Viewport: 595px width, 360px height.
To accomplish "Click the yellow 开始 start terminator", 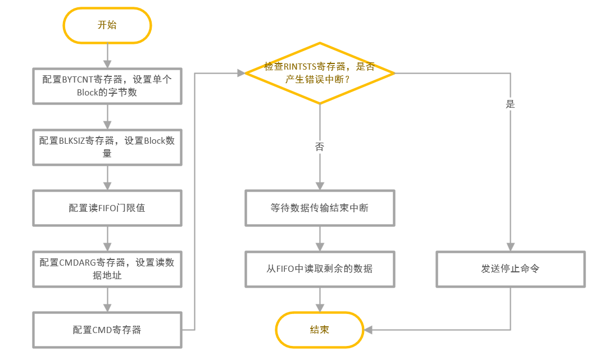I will pos(107,25).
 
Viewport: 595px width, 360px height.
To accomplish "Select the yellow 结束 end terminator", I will pos(319,330).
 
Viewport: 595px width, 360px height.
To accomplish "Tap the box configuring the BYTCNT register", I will pos(107,86).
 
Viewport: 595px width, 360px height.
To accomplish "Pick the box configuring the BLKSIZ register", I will pos(107,147).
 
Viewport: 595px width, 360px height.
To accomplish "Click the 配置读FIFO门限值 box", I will pos(107,208).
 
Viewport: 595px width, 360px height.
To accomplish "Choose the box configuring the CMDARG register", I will pos(107,269).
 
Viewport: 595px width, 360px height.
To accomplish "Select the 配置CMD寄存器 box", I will pos(107,330).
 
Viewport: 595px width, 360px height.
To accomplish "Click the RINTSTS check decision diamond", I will pos(319,73).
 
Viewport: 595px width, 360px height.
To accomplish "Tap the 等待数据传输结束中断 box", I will pos(319,208).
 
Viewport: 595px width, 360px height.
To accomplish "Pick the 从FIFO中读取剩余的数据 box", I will pos(319,268).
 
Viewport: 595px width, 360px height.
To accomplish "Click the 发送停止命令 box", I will pos(510,268).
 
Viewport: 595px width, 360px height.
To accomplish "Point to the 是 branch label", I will pos(510,104).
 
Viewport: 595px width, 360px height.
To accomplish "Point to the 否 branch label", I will pos(319,147).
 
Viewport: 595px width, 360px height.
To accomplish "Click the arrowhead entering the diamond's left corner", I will pos(241,73).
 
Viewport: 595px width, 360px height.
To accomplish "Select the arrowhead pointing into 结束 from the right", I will pos(369,330).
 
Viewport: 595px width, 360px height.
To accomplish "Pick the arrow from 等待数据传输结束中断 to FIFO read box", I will pos(319,238).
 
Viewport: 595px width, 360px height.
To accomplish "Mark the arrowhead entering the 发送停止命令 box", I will pos(510,247).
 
